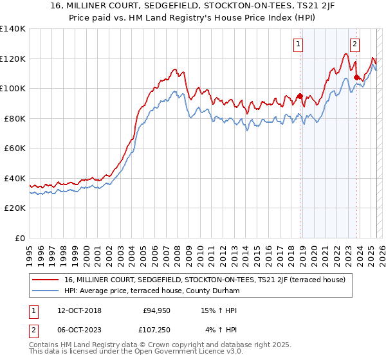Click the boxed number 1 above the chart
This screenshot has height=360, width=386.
pos(299,44)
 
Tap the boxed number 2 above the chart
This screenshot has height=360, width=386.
pos(354,44)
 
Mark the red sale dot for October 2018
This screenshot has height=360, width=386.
pos(300,96)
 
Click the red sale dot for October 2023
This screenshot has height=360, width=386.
pos(356,78)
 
